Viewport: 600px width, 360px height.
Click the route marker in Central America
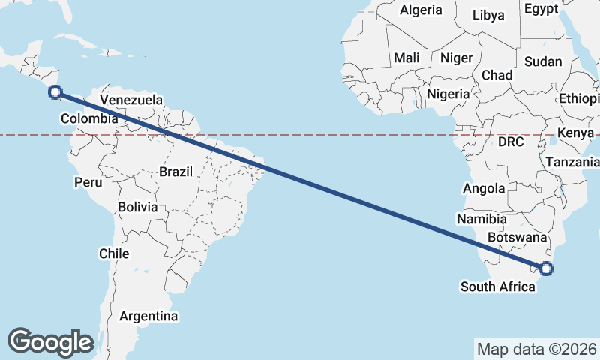pyautogui.click(x=55, y=92)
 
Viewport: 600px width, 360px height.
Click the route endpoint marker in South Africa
pyautogui.click(x=546, y=268)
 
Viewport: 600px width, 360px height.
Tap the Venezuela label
pyautogui.click(x=130, y=100)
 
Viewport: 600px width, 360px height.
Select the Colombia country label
pyautogui.click(x=89, y=118)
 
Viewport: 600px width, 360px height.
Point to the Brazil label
pyautogui.click(x=177, y=172)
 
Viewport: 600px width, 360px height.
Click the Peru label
pyautogui.click(x=87, y=182)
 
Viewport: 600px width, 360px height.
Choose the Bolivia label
pyautogui.click(x=137, y=206)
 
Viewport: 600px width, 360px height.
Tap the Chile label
pyautogui.click(x=114, y=254)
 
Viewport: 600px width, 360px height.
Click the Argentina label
pyautogui.click(x=148, y=316)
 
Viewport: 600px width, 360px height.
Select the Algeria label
pyautogui.click(x=421, y=10)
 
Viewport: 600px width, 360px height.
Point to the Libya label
pyautogui.click(x=488, y=15)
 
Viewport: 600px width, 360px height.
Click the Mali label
pyautogui.click(x=406, y=58)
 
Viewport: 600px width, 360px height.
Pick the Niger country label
pyautogui.click(x=457, y=58)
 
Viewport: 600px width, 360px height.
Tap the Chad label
pyautogui.click(x=496, y=75)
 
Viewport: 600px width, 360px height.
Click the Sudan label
pyautogui.click(x=542, y=61)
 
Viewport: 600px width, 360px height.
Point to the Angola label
pyautogui.click(x=484, y=188)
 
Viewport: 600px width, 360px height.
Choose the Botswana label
pyautogui.click(x=512, y=237)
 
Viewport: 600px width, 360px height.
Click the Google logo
pyautogui.click(x=50, y=341)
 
